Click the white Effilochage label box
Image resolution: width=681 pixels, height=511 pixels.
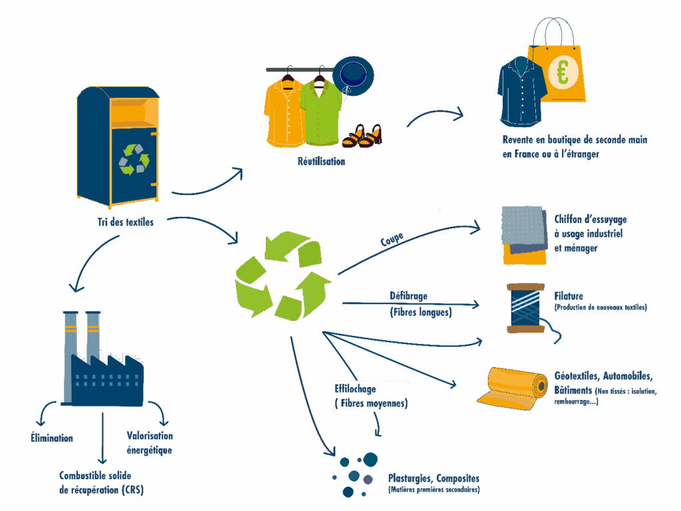(x=370, y=396)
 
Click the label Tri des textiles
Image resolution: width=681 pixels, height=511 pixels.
(x=125, y=222)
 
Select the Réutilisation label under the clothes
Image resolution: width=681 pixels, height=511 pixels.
(x=321, y=161)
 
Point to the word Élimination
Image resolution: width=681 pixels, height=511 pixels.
(x=52, y=438)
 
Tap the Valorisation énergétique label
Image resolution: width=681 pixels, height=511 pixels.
(x=150, y=442)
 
